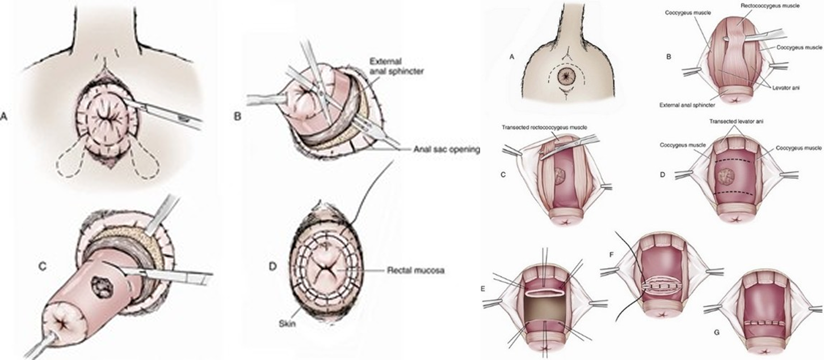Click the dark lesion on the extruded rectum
(x=102, y=287)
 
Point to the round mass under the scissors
(x=560, y=176)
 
